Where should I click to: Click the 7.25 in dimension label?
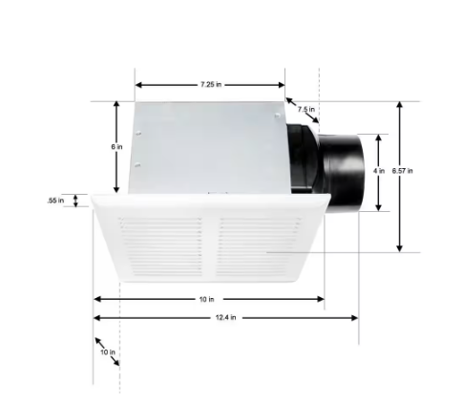click(211, 85)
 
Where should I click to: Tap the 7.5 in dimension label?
click(305, 110)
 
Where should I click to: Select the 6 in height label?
click(116, 147)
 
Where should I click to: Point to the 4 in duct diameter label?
click(379, 172)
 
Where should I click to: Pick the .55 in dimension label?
click(55, 201)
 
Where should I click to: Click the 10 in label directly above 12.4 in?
click(206, 299)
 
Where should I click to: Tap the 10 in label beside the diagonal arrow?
click(107, 352)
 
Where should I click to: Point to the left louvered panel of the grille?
click(159, 246)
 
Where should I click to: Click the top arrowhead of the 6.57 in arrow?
click(400, 105)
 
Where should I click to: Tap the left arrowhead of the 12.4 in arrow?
click(96, 317)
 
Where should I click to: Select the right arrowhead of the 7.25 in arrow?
click(282, 84)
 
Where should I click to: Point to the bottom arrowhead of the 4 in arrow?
click(380, 207)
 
